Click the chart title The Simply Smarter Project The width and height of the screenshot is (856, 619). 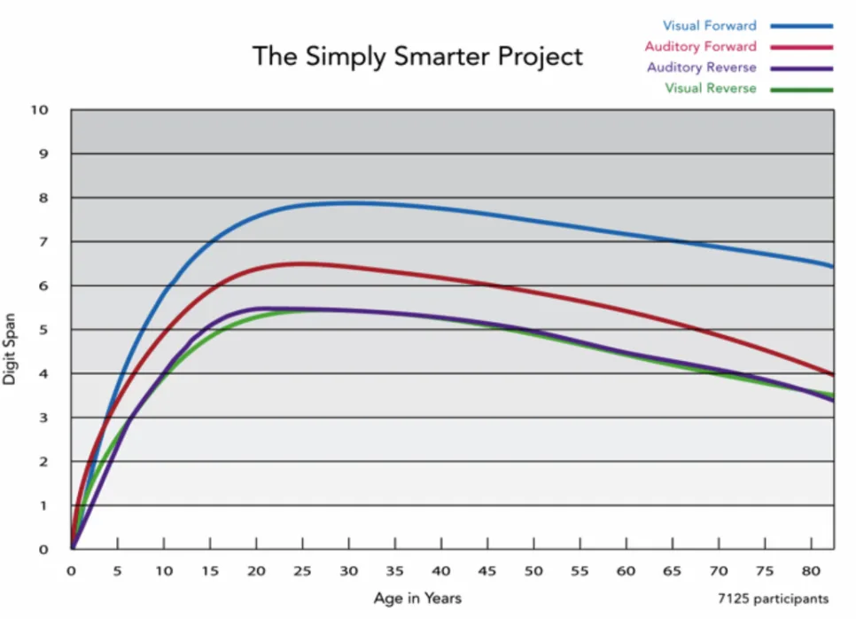coord(417,57)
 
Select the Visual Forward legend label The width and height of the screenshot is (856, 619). coord(709,26)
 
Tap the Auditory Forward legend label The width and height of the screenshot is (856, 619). coord(700,46)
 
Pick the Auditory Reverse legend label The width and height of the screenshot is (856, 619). coord(702,67)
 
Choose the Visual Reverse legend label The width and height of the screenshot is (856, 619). coord(711,88)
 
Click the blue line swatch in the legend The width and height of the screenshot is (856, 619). coord(801,26)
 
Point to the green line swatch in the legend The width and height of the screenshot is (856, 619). coord(801,90)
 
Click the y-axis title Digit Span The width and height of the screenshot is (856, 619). coord(9,349)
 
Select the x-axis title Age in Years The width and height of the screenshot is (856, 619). coord(417,599)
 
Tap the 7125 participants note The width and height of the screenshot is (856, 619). coord(773,599)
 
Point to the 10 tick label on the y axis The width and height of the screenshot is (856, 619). coord(39,110)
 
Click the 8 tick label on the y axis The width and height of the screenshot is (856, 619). coord(43,198)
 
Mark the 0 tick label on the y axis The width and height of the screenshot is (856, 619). coord(43,549)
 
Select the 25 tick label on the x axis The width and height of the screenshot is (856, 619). coord(302,571)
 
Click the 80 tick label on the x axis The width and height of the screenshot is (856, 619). coord(811,571)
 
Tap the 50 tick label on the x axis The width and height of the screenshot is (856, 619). coord(533,571)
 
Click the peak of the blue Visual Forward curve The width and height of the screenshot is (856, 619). coord(349,203)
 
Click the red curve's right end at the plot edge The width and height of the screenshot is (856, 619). coord(833,374)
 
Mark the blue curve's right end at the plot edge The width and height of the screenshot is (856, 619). coord(833,267)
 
